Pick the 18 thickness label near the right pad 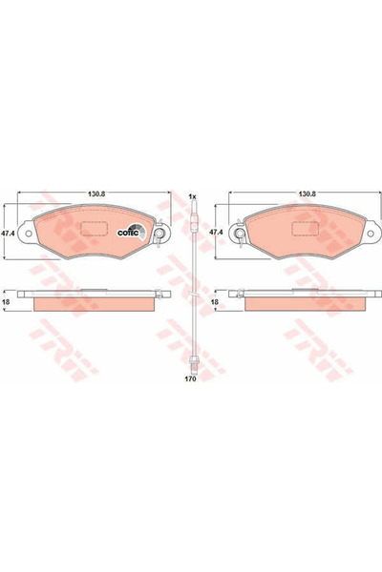pyautogui.click(x=216, y=300)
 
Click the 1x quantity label pyautogui.click(x=192, y=196)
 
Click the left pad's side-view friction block pyautogui.click(x=93, y=303)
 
